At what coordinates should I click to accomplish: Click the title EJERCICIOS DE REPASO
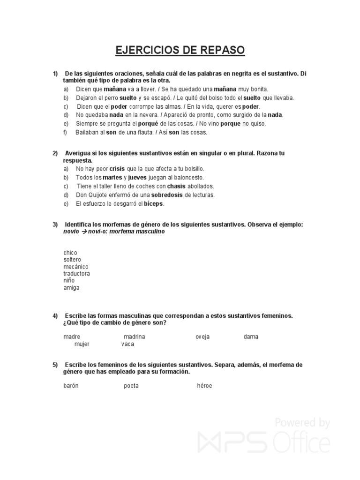tap(180, 50)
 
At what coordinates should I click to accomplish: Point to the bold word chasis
tap(176, 186)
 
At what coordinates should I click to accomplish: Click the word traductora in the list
tap(76, 273)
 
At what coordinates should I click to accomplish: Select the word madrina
tap(135, 337)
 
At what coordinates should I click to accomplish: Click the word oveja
tap(202, 337)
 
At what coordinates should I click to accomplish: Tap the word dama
tap(251, 337)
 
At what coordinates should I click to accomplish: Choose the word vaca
tap(127, 344)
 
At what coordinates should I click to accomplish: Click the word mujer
tap(82, 344)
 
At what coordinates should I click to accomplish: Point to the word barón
tap(71, 386)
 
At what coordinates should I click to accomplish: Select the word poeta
tap(131, 386)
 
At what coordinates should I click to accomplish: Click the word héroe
tap(204, 386)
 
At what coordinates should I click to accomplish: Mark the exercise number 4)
tap(55, 316)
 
